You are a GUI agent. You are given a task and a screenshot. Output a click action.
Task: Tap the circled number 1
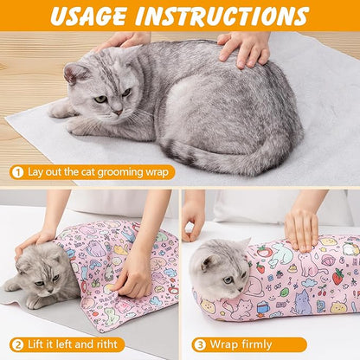(16, 171)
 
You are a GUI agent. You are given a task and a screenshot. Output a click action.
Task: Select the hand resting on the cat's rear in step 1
(246, 48)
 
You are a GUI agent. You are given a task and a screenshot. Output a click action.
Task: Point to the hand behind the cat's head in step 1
(121, 41)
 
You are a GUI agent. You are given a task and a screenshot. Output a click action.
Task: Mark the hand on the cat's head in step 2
(35, 241)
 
